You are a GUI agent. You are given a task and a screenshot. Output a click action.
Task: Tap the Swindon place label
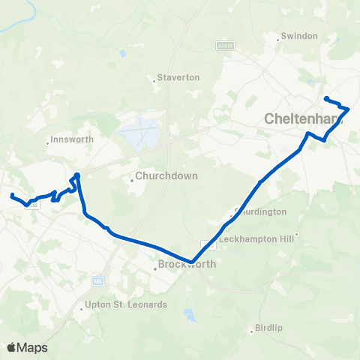point(301,36)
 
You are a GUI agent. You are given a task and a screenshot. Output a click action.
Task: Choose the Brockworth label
point(187,265)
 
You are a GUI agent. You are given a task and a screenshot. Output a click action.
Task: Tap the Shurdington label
point(262,211)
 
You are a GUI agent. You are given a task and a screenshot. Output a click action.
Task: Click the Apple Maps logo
point(27,347)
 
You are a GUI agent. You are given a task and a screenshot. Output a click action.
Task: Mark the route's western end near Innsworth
point(12,196)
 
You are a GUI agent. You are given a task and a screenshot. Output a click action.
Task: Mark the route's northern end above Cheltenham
point(325,98)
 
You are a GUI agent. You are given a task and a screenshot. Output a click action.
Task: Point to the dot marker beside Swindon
point(279,37)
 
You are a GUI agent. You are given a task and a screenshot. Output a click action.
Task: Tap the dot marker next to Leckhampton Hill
point(298,234)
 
